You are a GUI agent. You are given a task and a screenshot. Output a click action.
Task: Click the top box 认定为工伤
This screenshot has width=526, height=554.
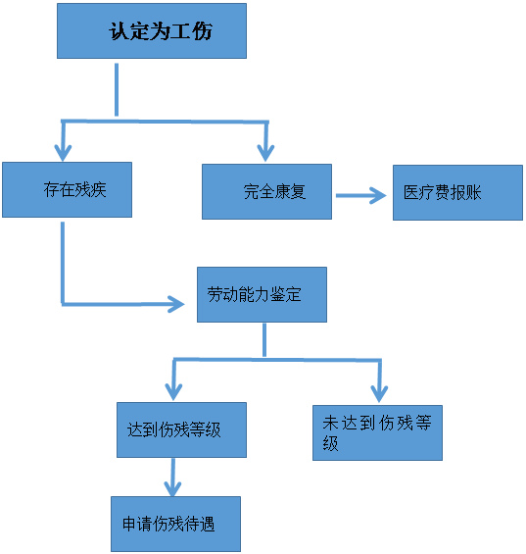coord(152,31)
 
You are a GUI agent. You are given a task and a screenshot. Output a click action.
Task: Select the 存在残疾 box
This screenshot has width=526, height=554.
coord(67,189)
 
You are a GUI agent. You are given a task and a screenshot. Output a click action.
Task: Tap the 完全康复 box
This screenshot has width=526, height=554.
coord(266,192)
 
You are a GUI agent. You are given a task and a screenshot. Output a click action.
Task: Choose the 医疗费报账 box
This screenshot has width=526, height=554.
coord(457,192)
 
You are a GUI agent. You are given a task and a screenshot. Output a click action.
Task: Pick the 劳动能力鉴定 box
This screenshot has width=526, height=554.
coord(262,295)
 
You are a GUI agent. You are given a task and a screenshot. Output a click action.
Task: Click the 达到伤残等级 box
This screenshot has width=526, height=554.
coord(182,430)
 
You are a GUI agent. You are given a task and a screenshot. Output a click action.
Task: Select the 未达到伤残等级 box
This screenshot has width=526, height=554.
coord(377,432)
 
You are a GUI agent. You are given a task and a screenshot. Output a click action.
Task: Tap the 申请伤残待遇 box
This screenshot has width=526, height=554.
coord(175,524)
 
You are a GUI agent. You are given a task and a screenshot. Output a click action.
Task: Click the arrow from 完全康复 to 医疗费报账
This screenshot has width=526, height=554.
coord(361,195)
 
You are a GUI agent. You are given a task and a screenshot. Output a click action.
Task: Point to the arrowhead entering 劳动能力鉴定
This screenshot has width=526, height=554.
coord(176,304)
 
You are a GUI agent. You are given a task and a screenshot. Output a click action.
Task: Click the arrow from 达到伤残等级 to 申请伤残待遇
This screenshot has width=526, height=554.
coord(173,478)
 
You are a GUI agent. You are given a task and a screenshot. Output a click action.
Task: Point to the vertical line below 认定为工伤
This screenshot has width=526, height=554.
coord(117,90)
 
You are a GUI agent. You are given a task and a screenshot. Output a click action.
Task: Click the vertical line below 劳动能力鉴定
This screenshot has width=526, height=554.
coord(264,340)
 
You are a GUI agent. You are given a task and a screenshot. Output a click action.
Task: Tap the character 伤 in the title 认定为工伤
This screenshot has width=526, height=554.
coord(203,31)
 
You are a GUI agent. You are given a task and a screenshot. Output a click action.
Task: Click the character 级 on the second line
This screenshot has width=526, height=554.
coord(330,442)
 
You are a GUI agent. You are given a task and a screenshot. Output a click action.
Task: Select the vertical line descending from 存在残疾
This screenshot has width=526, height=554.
coord(63,263)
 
